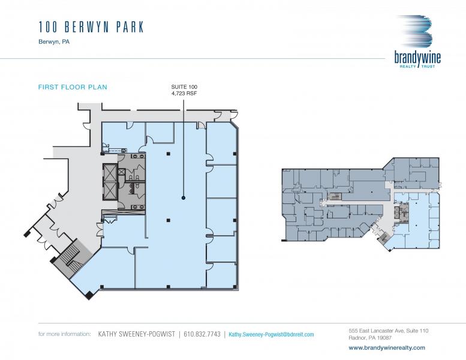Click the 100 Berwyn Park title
pos(91,27)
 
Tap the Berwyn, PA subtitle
pos(54,41)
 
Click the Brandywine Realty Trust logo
pos(417,41)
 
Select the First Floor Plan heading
pos(73,87)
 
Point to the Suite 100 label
pos(184,87)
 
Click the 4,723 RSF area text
pos(184,94)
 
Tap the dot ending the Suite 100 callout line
pos(184,197)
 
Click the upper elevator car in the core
pos(109,172)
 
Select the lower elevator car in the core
pos(109,191)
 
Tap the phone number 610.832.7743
pos(202,334)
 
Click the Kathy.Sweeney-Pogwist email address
pos(271,334)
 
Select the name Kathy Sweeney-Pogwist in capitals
pos(136,334)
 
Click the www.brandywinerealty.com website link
pos(387,347)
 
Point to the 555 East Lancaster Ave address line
pos(389,331)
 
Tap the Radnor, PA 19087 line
pos(370,338)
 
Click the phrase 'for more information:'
pos(64,334)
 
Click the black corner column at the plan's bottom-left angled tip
pos(89,295)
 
